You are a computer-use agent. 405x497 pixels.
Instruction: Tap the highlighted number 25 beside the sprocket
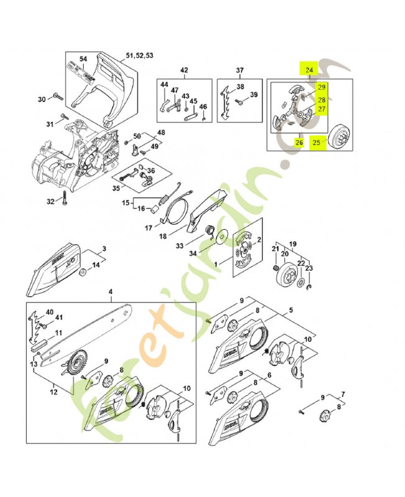[317, 143]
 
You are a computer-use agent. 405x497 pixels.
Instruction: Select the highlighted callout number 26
[299, 143]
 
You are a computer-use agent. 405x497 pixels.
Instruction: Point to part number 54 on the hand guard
[83, 59]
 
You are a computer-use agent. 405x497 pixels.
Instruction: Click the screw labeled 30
[55, 98]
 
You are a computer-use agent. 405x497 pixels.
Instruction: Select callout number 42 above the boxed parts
[184, 70]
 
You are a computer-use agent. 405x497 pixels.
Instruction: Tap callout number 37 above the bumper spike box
[240, 70]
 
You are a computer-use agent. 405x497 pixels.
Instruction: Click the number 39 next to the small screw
[253, 94]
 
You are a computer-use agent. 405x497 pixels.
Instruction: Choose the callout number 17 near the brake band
[149, 228]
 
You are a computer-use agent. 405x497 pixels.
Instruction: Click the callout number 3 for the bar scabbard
[104, 248]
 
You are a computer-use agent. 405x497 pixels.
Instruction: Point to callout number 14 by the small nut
[96, 265]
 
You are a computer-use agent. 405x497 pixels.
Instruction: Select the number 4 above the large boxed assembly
[111, 292]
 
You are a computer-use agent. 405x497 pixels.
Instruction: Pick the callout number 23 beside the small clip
[311, 269]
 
